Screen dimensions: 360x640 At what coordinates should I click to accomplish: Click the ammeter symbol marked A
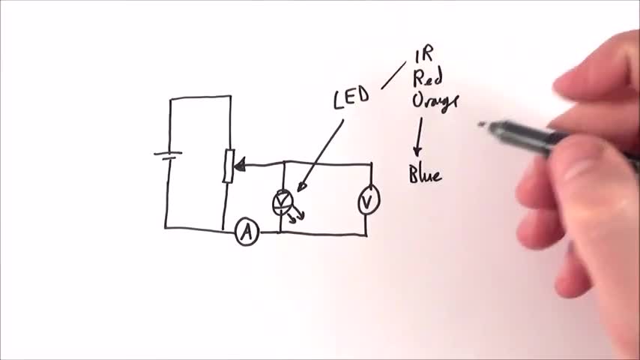coord(247,234)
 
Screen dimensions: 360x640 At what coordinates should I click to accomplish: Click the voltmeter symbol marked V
coord(367,200)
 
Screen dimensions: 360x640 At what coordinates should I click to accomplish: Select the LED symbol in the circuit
coord(283,202)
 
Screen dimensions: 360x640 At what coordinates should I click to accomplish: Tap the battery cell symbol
coord(168,155)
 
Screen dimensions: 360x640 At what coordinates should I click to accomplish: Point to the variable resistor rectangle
coord(229,166)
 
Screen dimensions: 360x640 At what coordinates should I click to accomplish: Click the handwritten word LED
coord(351,98)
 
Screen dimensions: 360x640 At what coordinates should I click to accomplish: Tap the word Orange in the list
coord(435,101)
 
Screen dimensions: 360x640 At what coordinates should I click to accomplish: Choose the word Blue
coord(425,175)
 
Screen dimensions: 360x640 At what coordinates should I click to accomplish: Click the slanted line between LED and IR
coord(393,75)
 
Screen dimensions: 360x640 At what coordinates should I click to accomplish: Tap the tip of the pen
coord(482,124)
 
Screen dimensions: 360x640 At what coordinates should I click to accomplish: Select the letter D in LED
coord(363,96)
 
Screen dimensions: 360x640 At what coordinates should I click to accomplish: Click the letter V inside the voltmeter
coord(367,200)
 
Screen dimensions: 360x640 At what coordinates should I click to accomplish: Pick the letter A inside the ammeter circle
coord(247,234)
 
